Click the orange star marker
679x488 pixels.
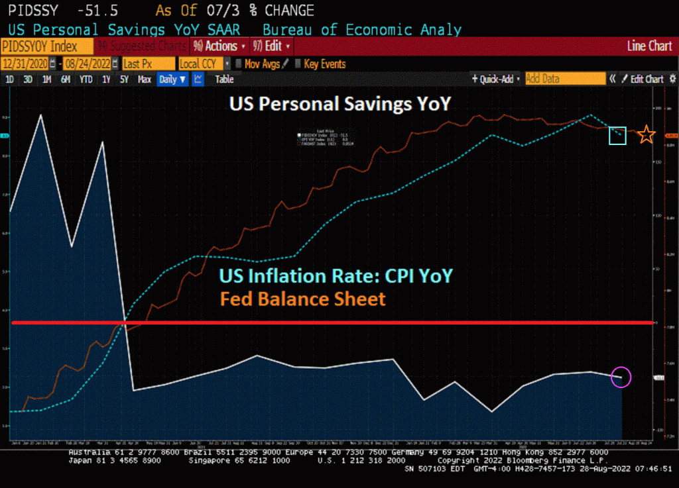point(647,136)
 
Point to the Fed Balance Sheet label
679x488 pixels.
point(303,299)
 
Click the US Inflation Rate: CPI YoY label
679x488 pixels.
point(336,275)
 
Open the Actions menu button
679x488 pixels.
point(219,46)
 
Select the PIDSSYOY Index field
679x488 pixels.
point(39,46)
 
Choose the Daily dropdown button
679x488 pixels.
point(172,79)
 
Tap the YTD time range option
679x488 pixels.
point(86,79)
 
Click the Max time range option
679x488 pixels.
point(145,79)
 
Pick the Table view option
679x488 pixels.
point(224,79)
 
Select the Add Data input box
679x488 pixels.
point(564,79)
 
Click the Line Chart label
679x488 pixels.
point(649,46)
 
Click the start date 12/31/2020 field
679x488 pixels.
point(27,64)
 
